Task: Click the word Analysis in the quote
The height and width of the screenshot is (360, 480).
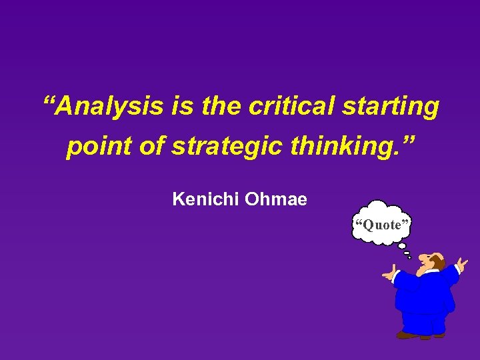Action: click(x=109, y=107)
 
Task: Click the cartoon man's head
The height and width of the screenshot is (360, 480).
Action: click(x=433, y=261)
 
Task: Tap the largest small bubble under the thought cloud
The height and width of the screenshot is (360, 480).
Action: click(x=401, y=246)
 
